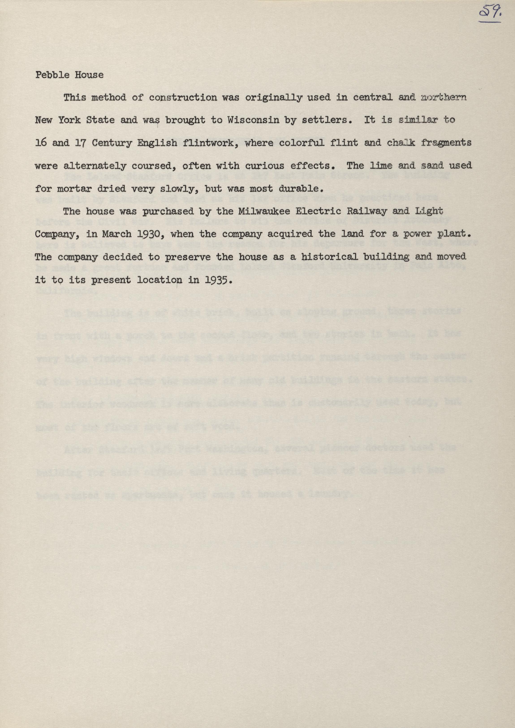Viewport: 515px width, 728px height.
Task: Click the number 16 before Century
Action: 41,143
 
